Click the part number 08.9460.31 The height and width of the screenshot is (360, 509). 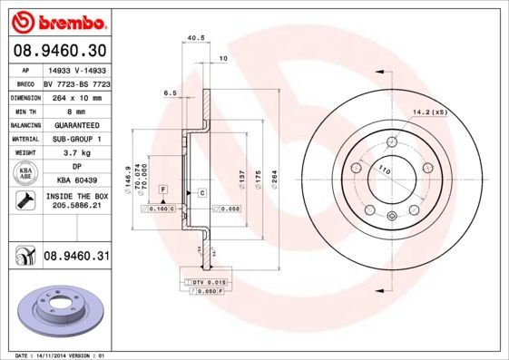pos(76,257)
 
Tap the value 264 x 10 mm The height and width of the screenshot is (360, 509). pos(75,95)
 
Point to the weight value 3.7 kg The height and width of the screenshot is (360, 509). pos(75,153)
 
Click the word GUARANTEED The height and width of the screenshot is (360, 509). pos(75,124)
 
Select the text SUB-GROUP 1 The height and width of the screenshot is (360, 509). pos(75,139)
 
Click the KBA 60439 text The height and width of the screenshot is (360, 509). pos(75,181)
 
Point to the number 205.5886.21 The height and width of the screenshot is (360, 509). pos(75,207)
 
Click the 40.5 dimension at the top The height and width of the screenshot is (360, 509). pos(193,38)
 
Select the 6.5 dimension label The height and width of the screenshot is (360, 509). pos(169,92)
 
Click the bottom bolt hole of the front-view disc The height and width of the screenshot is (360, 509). pos(391,215)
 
